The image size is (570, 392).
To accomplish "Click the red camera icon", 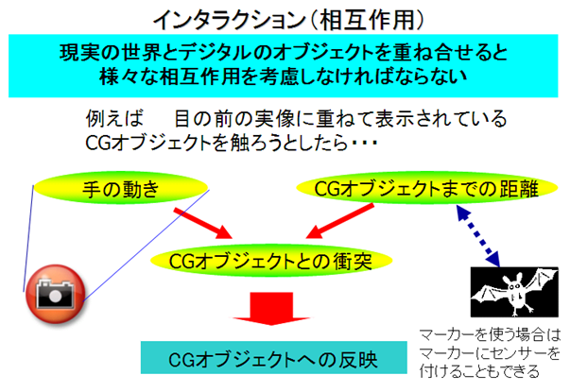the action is coord(55,294).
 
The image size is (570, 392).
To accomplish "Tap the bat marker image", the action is coord(514,292).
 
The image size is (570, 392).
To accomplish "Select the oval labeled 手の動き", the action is coord(121,188).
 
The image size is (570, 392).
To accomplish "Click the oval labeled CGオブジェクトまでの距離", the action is coord(426,188).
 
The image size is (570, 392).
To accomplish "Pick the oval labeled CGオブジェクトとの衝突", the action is coord(271,260).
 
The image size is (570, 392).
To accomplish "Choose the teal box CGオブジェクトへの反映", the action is coord(273,357).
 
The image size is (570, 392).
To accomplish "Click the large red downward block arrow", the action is coord(271,309).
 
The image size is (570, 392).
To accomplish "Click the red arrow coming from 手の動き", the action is coord(202,223).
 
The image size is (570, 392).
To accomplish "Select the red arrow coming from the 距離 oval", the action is coord(340,220).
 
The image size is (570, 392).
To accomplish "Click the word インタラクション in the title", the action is coord(228,21).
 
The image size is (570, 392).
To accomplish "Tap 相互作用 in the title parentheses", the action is coord(367,20).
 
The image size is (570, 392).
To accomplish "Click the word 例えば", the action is coord(115,119).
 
